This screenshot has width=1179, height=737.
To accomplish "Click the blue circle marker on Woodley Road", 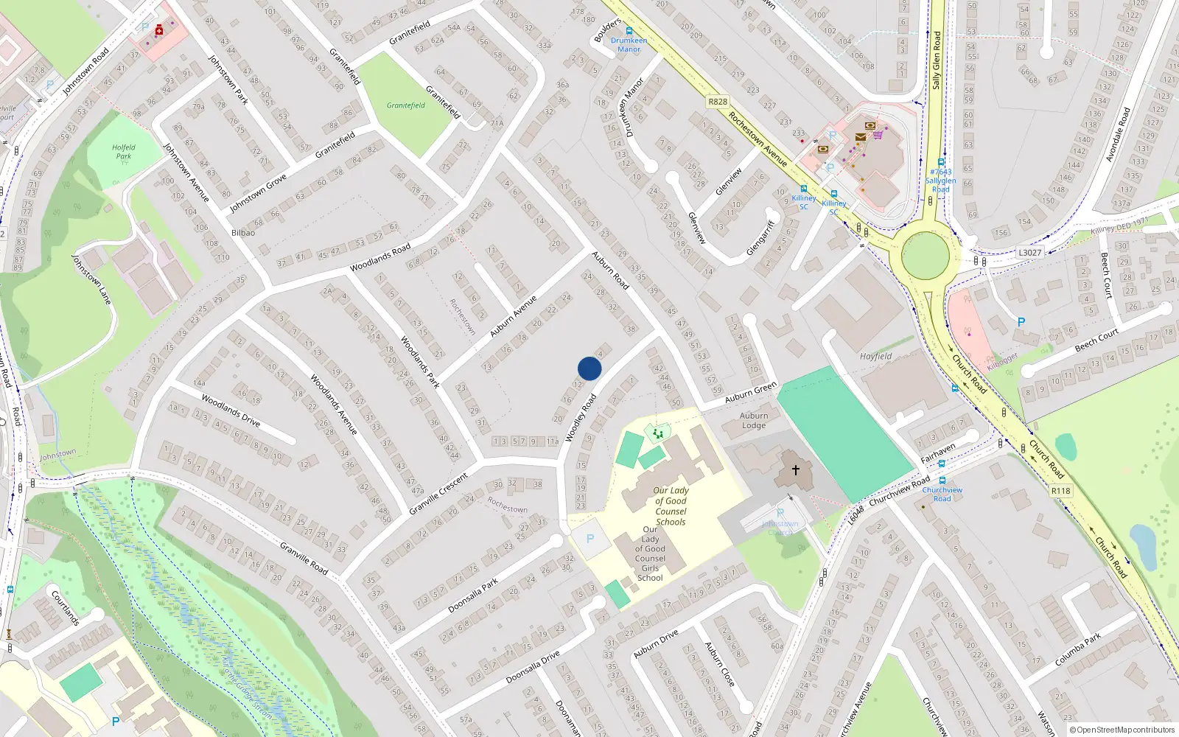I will (x=589, y=368).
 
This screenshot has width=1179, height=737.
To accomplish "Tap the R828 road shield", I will (x=717, y=102).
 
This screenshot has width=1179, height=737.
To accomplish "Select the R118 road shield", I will (x=1060, y=491).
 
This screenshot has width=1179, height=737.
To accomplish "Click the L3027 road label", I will (x=1029, y=253).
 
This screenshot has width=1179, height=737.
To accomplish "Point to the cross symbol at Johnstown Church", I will (x=796, y=469).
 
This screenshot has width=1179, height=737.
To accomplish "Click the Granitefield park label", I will (x=406, y=105).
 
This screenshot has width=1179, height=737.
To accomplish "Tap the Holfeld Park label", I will (x=124, y=152).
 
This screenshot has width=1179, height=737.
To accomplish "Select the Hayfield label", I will (x=875, y=356).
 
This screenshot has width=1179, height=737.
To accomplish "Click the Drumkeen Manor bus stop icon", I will (x=629, y=31).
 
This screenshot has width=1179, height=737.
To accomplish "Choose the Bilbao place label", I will (x=243, y=233).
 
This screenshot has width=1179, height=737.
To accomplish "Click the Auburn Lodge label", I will (x=754, y=421).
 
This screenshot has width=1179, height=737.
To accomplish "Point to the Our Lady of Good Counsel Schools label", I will (x=671, y=506).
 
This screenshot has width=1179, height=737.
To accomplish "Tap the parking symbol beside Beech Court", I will (x=1021, y=322).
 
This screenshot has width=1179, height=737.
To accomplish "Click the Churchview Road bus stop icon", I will (x=942, y=481).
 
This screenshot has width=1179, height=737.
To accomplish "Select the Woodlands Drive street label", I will (x=231, y=411).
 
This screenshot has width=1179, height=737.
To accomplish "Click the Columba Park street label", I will (x=1077, y=649).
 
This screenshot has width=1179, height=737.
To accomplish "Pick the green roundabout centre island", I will (x=926, y=255).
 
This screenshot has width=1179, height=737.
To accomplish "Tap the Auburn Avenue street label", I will (x=514, y=317).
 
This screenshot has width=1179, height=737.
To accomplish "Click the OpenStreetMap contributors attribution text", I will (x=1122, y=730).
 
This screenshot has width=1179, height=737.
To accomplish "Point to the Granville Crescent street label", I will (x=438, y=494).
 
